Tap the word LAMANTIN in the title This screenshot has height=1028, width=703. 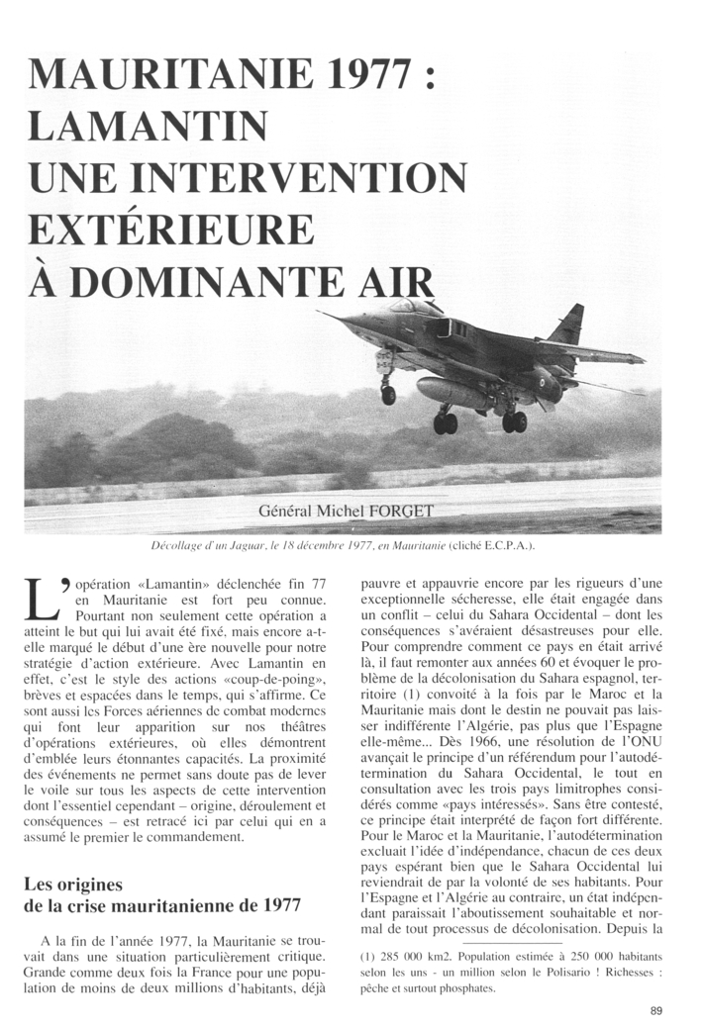pos(149,126)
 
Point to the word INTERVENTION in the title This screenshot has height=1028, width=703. pos(308,177)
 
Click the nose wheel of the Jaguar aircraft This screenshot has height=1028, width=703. pos(388,394)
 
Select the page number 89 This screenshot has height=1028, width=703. pos(656,1009)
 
